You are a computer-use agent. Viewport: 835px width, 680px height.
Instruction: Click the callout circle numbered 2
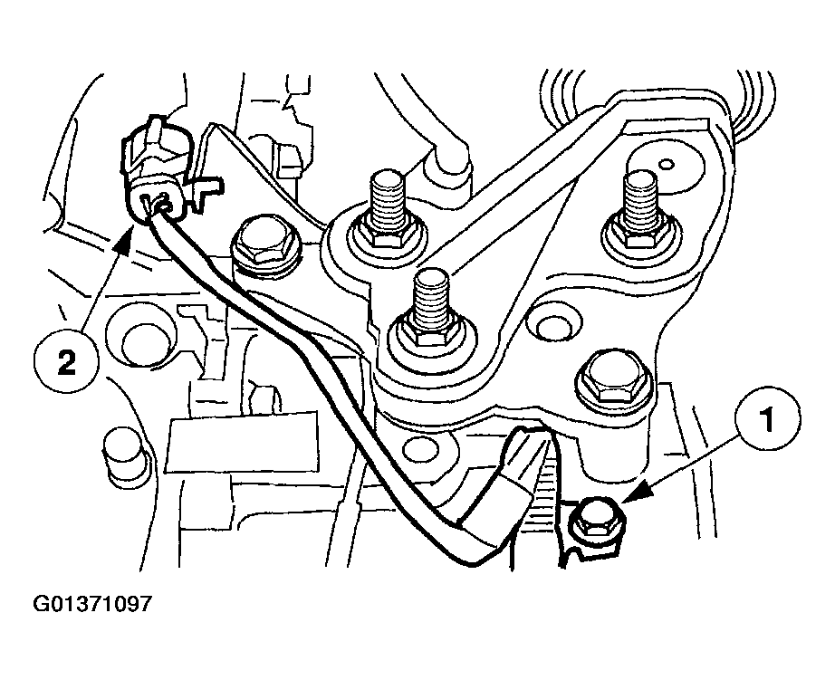tap(65, 363)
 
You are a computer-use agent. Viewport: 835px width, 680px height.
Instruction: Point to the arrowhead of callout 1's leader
tap(628, 499)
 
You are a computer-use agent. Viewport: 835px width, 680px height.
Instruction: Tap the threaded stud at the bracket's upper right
tap(639, 204)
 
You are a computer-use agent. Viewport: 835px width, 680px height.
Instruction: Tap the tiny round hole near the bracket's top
tap(667, 164)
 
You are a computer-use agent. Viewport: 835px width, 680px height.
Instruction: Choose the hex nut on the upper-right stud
tap(638, 237)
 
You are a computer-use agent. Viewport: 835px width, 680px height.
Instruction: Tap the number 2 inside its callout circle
tap(65, 363)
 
